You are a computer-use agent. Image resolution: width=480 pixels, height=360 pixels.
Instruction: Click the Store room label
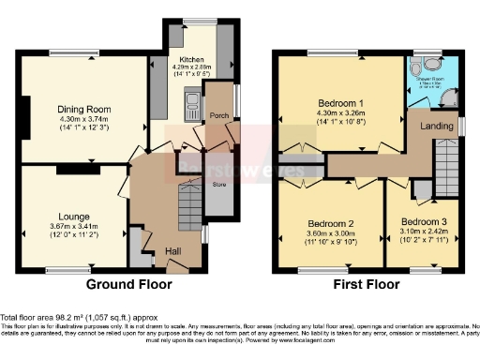pos(220,185)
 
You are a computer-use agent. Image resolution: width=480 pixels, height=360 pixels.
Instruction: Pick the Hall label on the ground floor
pos(173,251)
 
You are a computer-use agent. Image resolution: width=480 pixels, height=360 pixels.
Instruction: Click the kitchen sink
pos(191,100)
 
